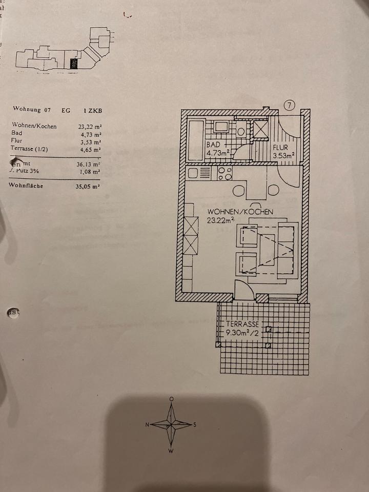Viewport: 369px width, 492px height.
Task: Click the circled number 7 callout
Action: (289, 106)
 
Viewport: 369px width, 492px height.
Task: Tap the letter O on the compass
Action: (172, 399)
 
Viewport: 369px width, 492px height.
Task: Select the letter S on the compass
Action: (195, 425)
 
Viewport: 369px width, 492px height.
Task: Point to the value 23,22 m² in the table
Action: (89, 126)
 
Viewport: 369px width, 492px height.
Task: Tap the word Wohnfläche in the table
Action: (26, 186)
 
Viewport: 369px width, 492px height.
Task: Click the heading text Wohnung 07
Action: (32, 109)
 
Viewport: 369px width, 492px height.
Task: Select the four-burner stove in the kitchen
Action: (225, 173)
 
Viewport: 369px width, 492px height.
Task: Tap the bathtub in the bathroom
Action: (195, 139)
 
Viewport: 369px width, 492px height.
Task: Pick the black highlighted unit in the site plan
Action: (73, 63)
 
